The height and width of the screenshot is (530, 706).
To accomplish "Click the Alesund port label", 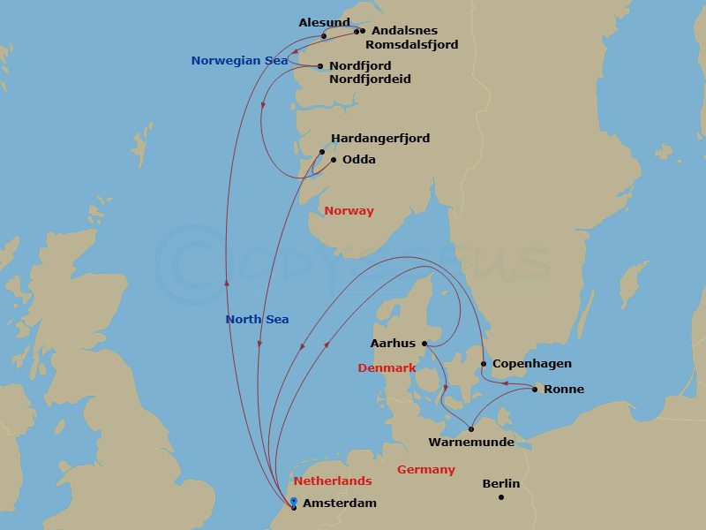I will [x=324, y=22].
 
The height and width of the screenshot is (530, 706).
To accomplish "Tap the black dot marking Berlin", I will [x=500, y=497].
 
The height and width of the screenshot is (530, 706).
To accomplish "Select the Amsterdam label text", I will [x=339, y=503].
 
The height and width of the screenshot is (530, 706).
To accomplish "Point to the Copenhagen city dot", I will [x=483, y=364].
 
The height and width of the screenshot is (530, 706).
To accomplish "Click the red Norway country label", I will [x=349, y=211].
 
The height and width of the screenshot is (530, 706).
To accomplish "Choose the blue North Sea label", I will [x=257, y=320].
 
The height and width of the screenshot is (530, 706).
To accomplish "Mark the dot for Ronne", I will [x=535, y=389].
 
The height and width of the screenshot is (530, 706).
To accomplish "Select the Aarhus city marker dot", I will [x=424, y=344].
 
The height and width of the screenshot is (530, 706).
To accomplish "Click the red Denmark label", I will [x=387, y=368].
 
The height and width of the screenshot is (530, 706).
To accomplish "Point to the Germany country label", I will [x=426, y=470].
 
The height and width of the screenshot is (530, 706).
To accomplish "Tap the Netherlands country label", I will [x=333, y=481].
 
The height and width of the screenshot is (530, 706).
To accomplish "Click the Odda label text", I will [x=358, y=160].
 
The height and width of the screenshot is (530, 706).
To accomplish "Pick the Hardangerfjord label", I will [x=379, y=139].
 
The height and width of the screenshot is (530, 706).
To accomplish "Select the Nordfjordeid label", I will [x=370, y=79].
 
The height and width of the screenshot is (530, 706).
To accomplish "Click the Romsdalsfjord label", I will [x=411, y=44].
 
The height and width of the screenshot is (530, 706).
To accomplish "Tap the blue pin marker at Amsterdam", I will [x=293, y=503].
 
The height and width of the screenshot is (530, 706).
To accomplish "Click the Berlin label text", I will [x=501, y=484].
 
